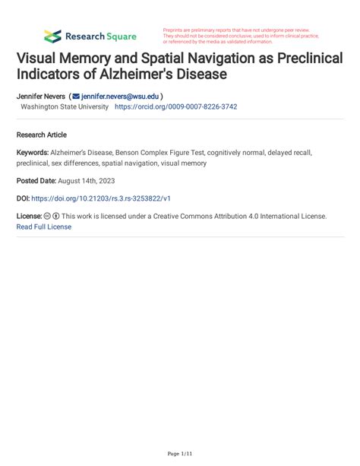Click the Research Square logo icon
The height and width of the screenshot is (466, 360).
52,36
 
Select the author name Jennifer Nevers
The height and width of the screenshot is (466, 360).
40,97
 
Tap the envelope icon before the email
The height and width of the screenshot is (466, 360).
76,97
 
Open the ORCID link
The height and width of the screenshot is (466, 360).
175,107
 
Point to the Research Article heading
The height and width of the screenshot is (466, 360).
42,134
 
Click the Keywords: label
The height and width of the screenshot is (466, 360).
33,153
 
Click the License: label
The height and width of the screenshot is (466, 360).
29,216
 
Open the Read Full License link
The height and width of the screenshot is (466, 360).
44,227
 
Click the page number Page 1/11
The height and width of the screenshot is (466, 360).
179,453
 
